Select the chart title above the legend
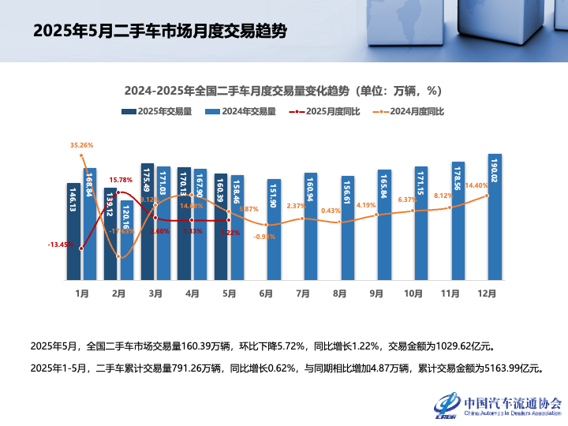pos(282,90)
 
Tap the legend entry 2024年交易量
pos(241,112)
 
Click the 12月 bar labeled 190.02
pos(495,217)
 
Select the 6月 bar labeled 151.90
pos(274,230)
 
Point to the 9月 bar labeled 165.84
pos(384,225)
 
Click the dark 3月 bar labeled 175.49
pos(147,222)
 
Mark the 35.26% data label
pos(82,145)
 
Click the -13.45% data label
pos(60,245)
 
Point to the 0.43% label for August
pos(331,211)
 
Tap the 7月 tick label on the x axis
pos(302,293)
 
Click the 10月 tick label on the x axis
pos(413,293)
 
